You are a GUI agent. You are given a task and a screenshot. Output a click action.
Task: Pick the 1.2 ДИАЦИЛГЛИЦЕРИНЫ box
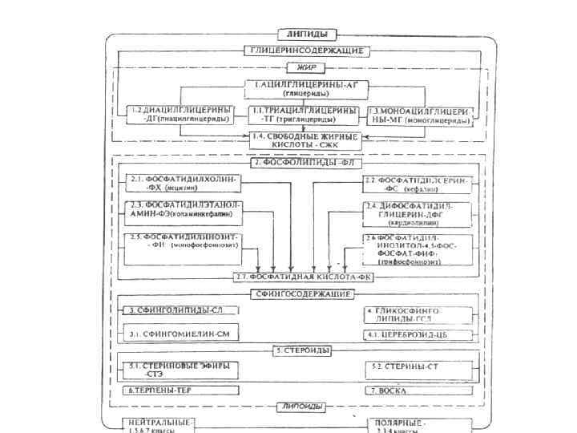(184, 114)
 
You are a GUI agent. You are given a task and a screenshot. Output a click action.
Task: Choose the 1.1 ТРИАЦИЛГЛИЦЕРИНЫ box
(304, 114)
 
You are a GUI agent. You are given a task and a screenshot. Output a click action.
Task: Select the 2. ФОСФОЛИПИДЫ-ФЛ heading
(305, 163)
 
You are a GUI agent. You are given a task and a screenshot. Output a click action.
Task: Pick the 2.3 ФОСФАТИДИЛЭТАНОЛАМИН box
(182, 211)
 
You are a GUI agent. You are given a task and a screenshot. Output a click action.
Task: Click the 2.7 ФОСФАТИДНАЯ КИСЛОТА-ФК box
(305, 277)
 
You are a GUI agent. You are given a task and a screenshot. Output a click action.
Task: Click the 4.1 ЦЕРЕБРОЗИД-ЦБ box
(406, 334)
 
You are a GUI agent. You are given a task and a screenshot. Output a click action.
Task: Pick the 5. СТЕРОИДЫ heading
(301, 350)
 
